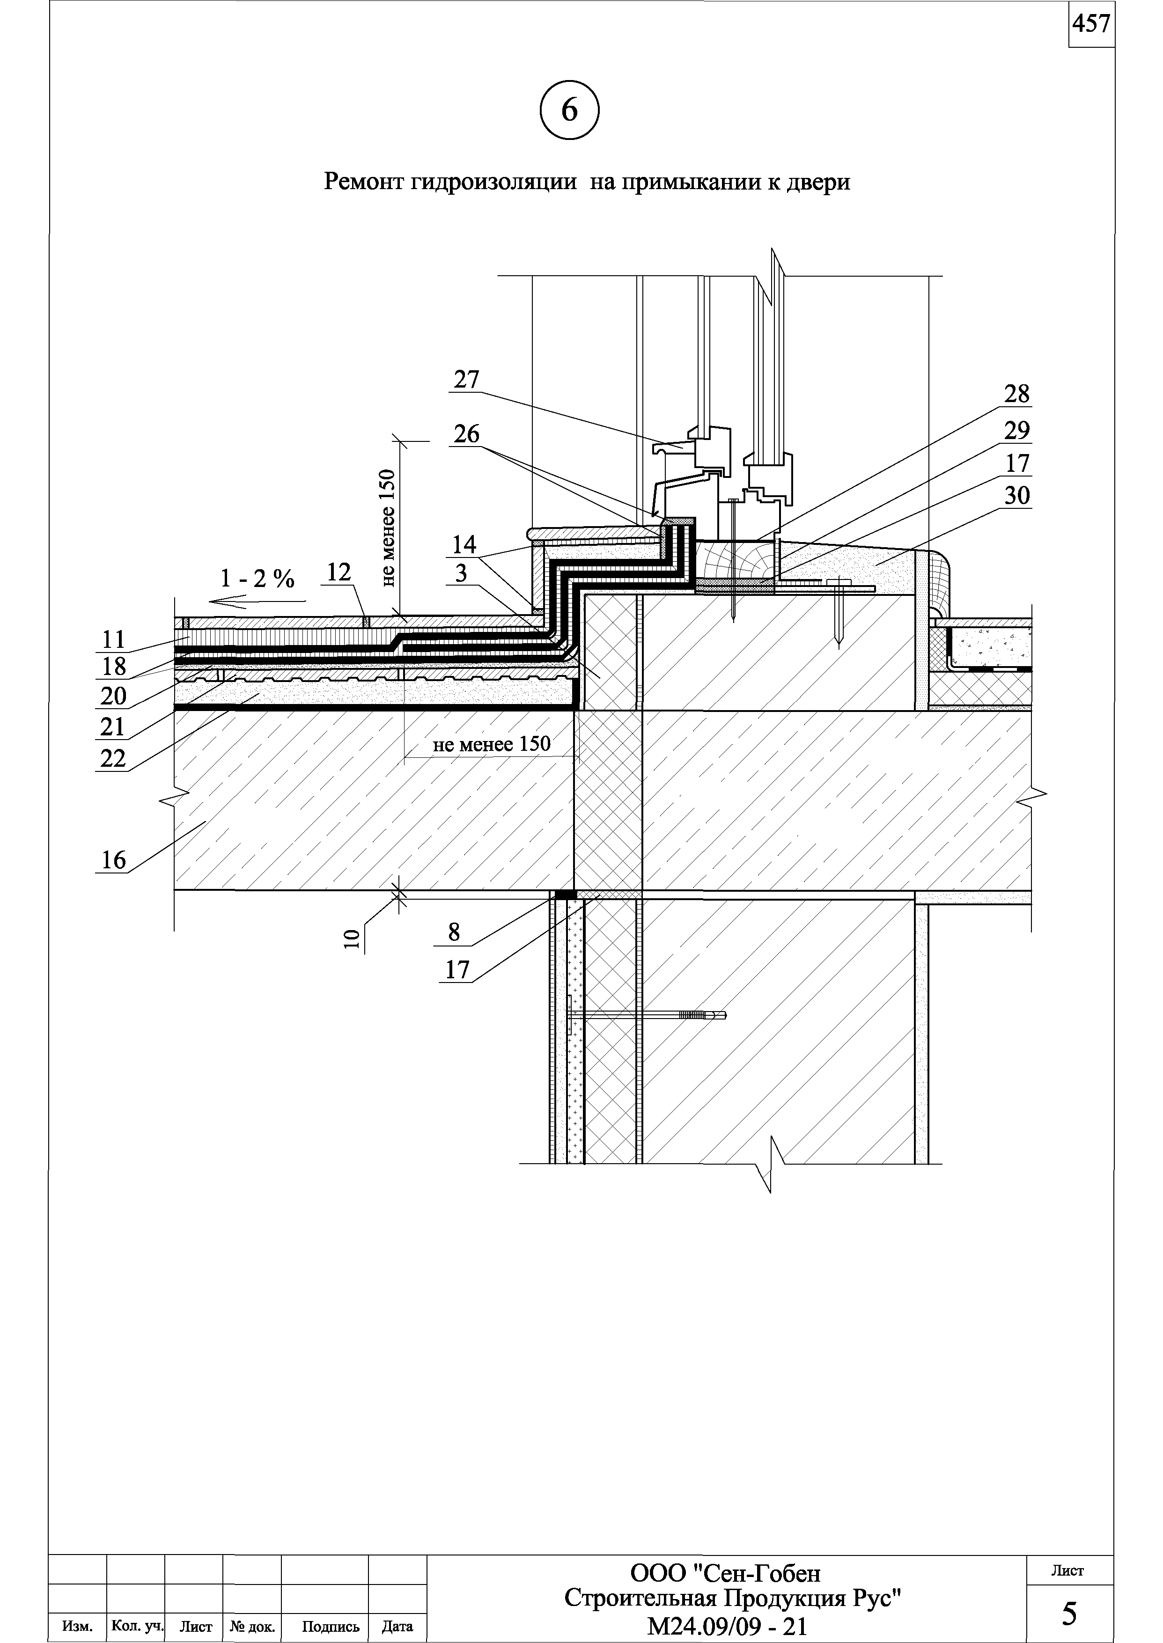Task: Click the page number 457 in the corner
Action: tap(1091, 24)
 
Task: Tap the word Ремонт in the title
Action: tap(365, 182)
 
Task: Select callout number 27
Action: tap(466, 380)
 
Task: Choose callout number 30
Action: tap(1016, 495)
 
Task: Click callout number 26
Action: tap(466, 434)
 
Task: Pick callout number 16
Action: tap(113, 860)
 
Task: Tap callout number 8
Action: tap(454, 932)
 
